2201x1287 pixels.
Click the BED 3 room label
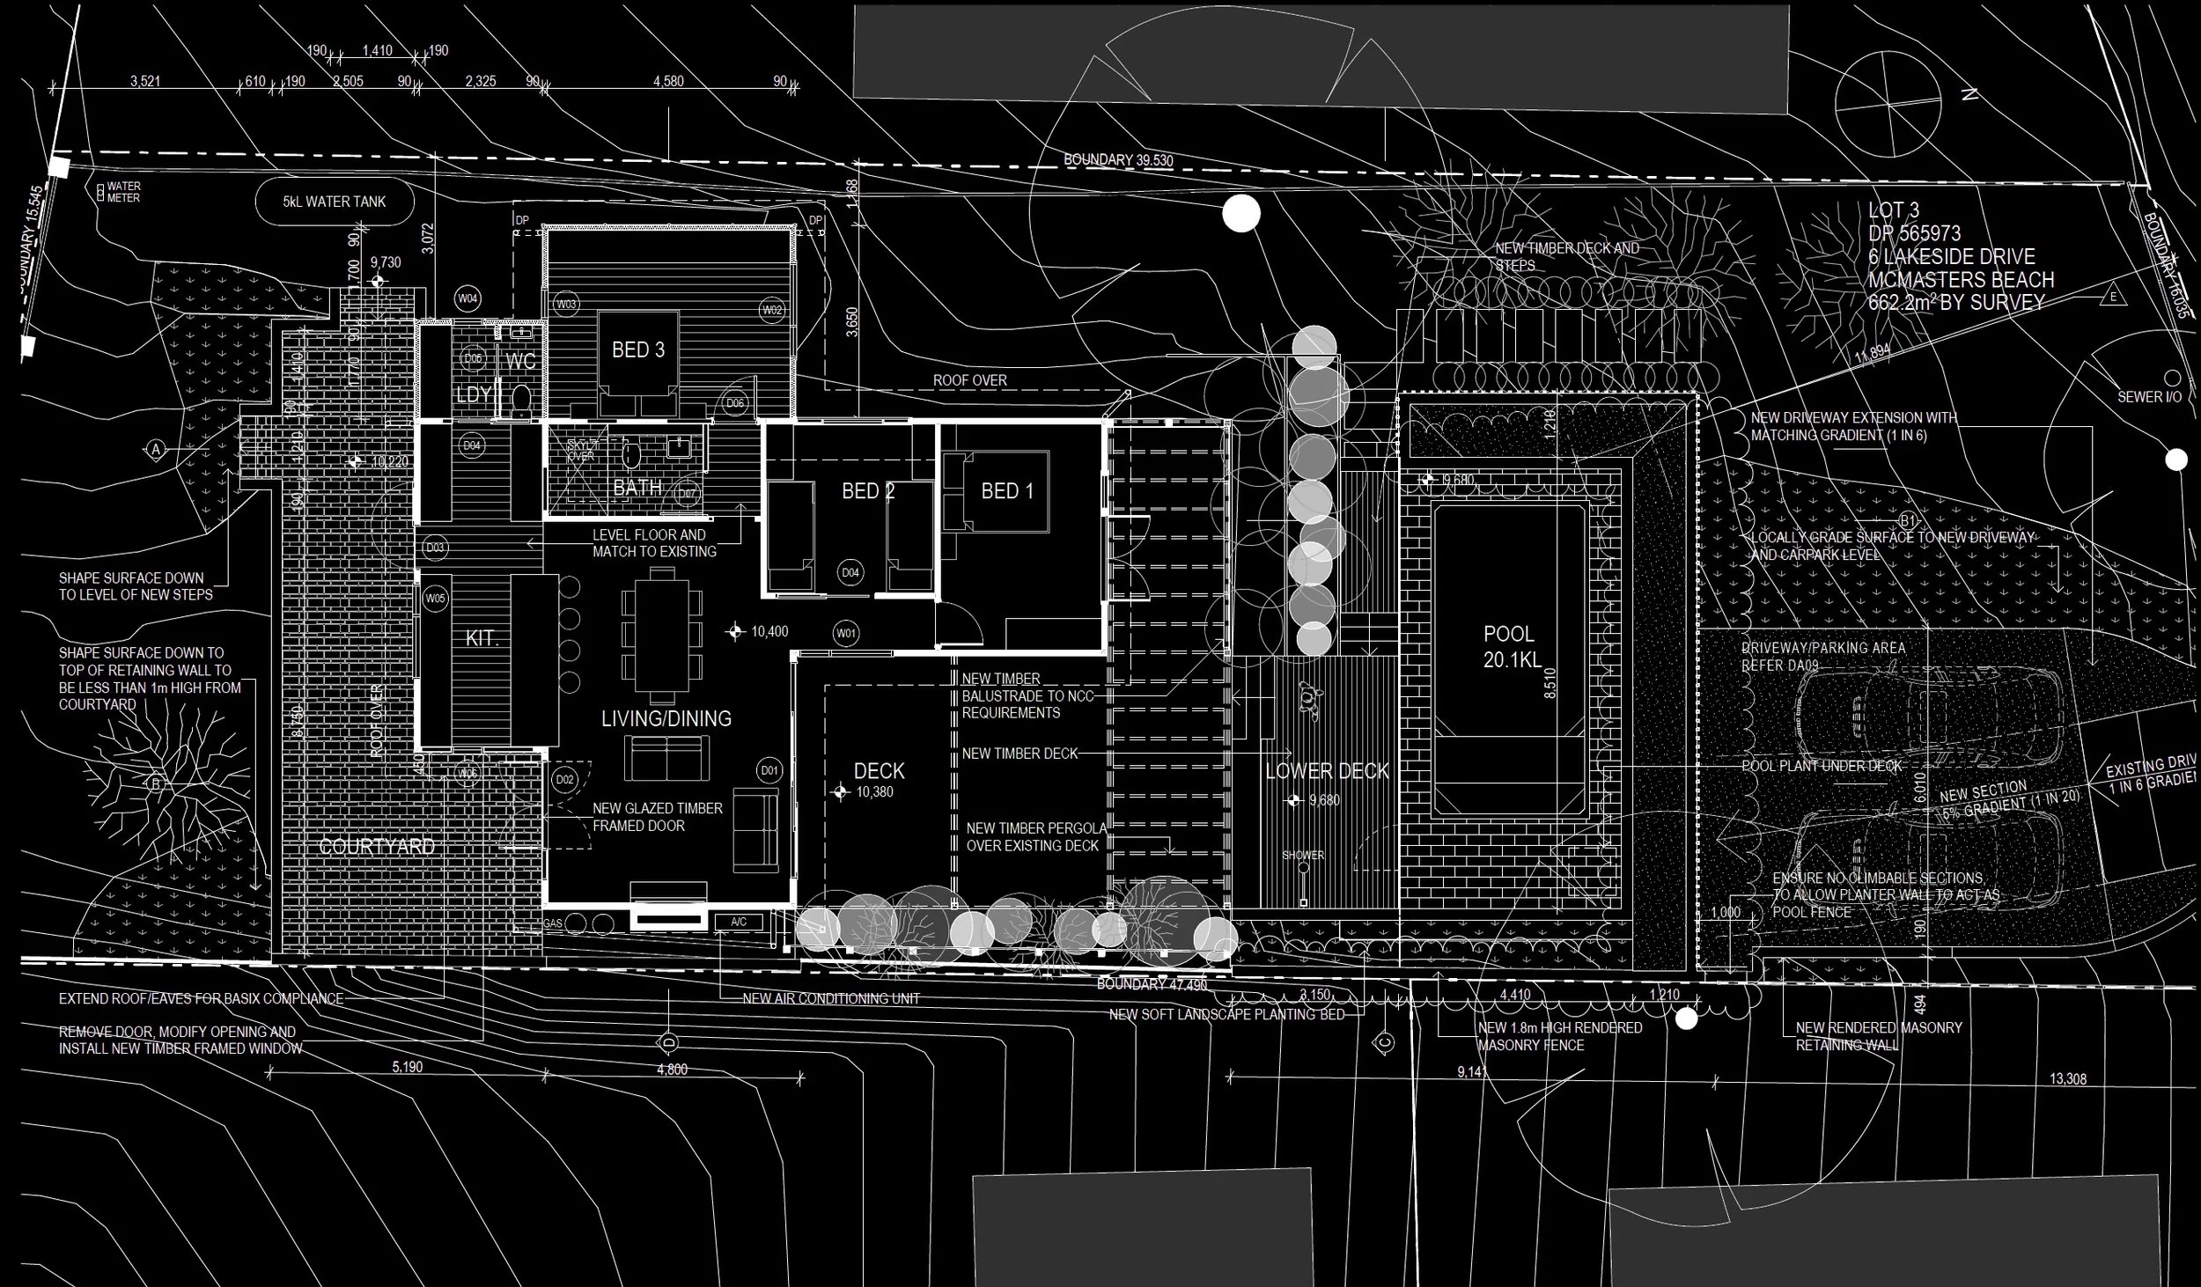(638, 349)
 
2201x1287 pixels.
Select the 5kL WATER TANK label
(335, 202)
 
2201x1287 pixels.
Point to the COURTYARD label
(377, 847)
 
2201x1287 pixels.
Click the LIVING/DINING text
(666, 718)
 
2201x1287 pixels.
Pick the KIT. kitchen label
(482, 638)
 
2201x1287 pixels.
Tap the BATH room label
(637, 487)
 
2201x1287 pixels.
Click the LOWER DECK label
(1327, 771)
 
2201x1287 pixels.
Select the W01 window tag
(846, 633)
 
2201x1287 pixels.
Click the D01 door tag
(769, 771)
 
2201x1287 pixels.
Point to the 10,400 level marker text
(769, 631)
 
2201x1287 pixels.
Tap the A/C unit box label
(738, 923)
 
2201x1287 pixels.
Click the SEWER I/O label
(2149, 397)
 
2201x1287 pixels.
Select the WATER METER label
(123, 192)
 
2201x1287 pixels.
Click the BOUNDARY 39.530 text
(1118, 160)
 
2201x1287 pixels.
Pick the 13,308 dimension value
(2068, 1079)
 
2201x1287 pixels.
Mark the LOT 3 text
(1894, 210)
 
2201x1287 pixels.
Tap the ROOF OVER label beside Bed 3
(970, 380)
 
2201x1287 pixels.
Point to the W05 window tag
(435, 599)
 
